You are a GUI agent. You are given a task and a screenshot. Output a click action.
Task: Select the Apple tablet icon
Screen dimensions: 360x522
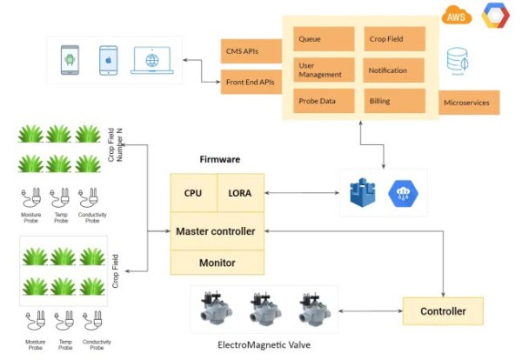point(108,59)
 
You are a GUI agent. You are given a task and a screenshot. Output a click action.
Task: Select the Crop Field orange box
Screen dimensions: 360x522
point(392,39)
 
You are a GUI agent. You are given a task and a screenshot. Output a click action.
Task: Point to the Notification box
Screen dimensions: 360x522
point(392,70)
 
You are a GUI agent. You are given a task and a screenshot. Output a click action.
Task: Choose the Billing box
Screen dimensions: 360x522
point(392,101)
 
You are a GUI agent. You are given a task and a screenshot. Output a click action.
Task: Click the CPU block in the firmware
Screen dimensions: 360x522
point(192,193)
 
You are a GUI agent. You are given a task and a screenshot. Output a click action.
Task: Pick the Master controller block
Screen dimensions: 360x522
point(216,231)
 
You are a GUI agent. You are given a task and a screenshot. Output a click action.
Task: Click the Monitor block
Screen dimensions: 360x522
point(216,262)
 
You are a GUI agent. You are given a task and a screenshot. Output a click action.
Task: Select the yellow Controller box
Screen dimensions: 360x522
point(444,310)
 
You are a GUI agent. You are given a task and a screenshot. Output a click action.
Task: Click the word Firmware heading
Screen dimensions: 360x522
point(220,160)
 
